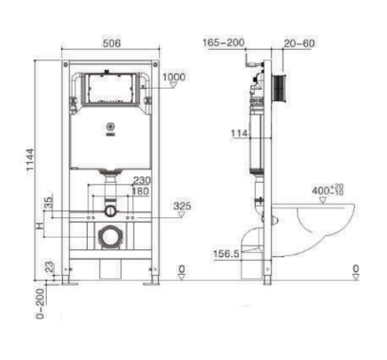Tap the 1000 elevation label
(x=175, y=78)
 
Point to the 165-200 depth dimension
(x=223, y=43)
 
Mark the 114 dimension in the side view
(x=239, y=133)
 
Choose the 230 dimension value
(x=141, y=181)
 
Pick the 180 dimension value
(x=141, y=192)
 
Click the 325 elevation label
(x=182, y=207)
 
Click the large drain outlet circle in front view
(x=109, y=237)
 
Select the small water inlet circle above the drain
(x=109, y=210)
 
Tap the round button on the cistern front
(x=111, y=126)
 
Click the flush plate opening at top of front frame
(x=110, y=90)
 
